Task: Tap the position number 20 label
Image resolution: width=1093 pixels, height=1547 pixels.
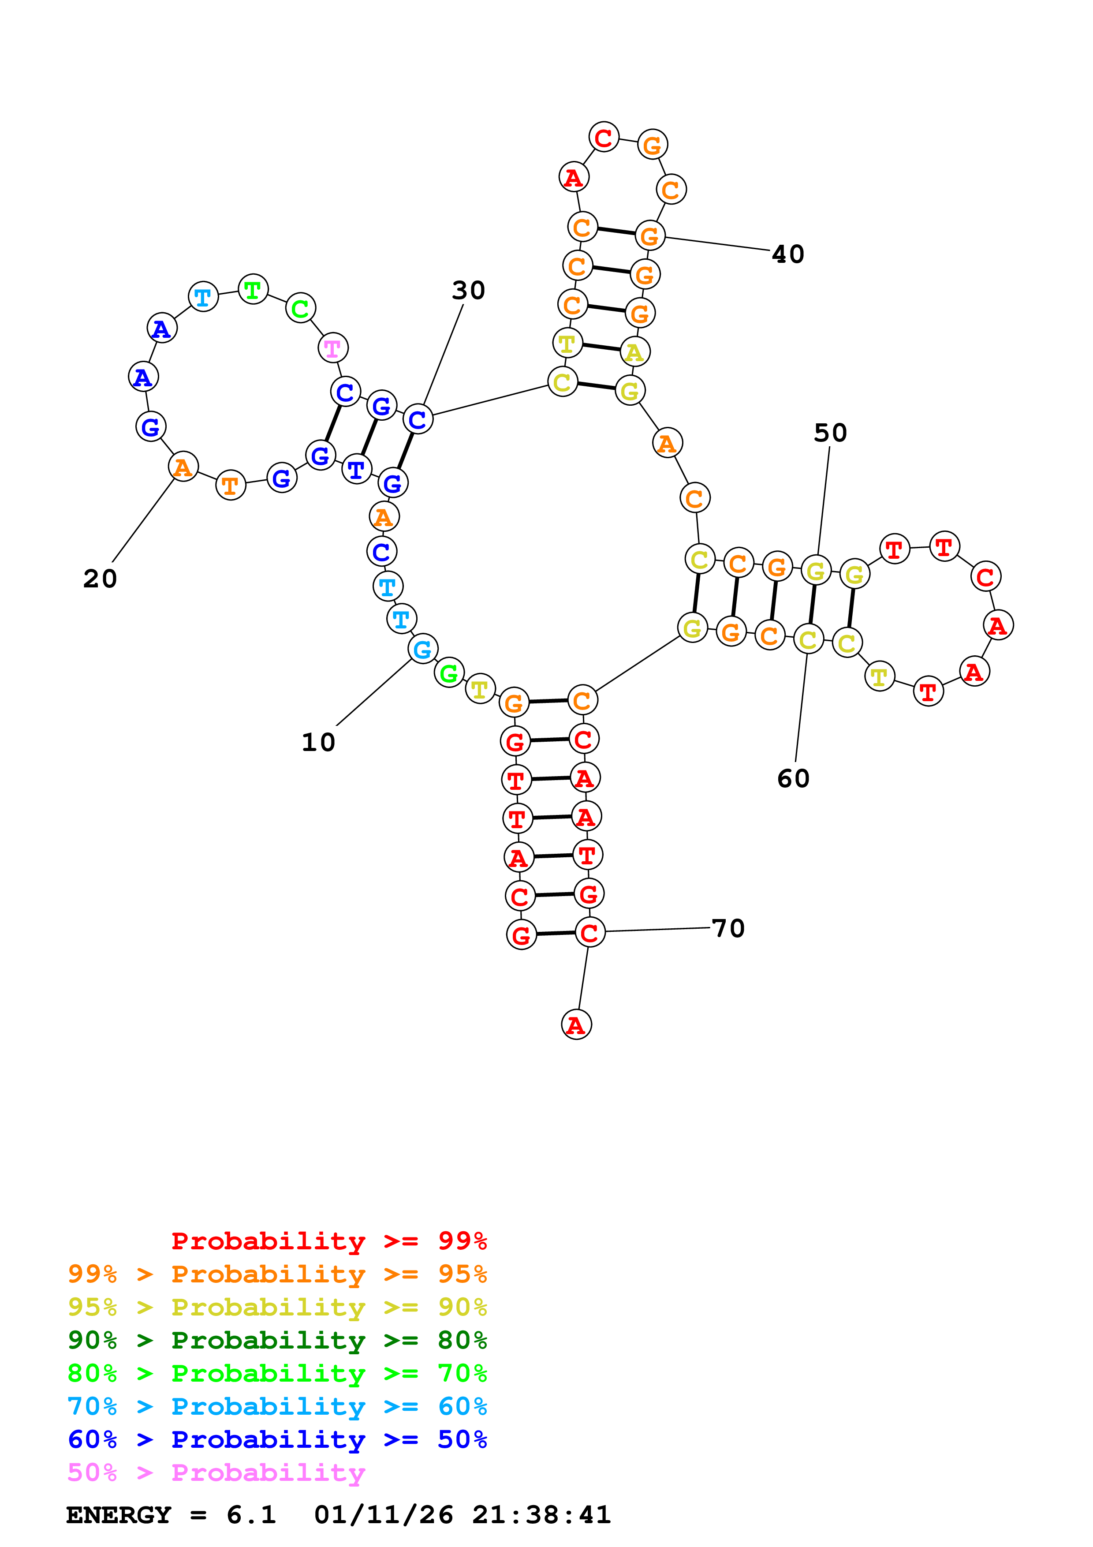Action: (x=100, y=578)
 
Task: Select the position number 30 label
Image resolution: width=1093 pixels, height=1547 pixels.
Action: (x=468, y=291)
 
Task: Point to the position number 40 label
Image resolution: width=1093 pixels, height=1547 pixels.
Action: (x=788, y=254)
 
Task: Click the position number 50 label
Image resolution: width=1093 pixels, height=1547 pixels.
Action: (x=830, y=433)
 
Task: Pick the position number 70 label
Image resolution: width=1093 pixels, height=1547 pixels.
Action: (x=728, y=928)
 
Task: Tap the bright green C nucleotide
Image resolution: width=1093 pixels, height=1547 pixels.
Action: (x=300, y=309)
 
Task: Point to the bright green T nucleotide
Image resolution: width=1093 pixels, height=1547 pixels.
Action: (x=253, y=290)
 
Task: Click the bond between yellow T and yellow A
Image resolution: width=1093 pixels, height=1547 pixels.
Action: (x=601, y=347)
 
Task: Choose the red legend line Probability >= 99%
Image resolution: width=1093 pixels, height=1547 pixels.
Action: (x=328, y=1241)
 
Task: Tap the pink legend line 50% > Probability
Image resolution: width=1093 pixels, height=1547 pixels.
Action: (x=216, y=1472)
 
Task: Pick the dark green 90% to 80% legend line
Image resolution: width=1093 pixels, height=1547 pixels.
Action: (x=277, y=1340)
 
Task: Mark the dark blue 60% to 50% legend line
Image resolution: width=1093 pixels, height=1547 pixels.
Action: (x=277, y=1439)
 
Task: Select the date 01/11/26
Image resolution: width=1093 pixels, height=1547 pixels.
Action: (x=383, y=1515)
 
